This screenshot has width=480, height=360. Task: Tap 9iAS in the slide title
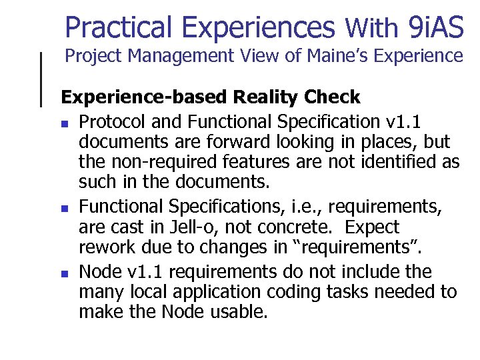(x=433, y=27)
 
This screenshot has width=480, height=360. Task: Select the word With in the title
(x=372, y=27)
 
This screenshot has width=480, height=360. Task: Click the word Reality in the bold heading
(x=266, y=97)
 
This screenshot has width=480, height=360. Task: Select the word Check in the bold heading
(x=331, y=97)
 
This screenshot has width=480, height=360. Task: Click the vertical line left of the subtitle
(x=41, y=79)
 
